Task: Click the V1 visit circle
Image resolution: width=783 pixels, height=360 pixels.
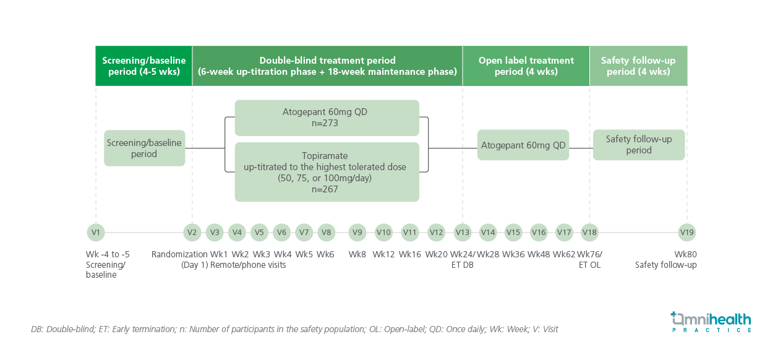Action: [96, 233]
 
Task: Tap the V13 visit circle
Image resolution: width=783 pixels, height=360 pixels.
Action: [463, 233]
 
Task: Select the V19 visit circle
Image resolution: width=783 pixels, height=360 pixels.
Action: [687, 233]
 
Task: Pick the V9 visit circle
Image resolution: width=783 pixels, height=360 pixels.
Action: [357, 233]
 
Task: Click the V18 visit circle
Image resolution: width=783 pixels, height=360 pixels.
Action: [589, 233]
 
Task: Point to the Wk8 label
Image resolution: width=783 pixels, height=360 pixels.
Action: [357, 254]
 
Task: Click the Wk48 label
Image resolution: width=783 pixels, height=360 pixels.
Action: [539, 254]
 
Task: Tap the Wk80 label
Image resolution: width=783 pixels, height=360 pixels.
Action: [685, 254]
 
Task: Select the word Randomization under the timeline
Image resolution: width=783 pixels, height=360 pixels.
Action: [179, 254]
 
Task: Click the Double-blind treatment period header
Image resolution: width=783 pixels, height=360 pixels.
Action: [327, 66]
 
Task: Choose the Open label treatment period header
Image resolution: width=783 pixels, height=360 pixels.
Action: [526, 66]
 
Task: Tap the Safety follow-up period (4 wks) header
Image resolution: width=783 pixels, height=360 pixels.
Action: [638, 66]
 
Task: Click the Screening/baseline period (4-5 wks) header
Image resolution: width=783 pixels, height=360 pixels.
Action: [143, 66]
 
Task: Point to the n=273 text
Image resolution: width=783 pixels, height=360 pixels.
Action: [325, 123]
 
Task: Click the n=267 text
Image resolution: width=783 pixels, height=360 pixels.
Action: [325, 189]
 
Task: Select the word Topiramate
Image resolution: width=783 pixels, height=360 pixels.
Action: [325, 156]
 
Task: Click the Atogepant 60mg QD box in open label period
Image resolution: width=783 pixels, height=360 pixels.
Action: [523, 145]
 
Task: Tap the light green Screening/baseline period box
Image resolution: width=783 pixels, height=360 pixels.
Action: [144, 148]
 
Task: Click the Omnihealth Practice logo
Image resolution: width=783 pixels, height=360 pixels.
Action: [711, 322]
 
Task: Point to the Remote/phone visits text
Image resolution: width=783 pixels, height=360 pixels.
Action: [248, 265]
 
